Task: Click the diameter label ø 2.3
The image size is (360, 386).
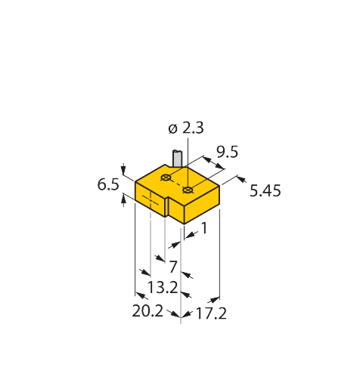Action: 186,128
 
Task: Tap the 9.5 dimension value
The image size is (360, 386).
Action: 227,152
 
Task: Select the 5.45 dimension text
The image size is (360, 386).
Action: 265,190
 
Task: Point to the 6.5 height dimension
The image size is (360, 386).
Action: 108,184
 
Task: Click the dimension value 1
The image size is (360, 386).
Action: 204,228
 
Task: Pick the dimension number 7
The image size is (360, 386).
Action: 173,267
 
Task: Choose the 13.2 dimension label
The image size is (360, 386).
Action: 163,287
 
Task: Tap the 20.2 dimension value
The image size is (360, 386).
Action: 147,311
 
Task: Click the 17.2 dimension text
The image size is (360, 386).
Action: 211,313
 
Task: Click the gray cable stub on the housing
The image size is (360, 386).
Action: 177,158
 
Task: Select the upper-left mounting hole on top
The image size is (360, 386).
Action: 166,178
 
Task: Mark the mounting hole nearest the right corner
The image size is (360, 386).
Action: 188,190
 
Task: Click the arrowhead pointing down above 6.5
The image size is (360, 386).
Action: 123,171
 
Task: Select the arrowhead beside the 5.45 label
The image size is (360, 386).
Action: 241,179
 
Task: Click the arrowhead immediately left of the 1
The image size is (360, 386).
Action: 190,235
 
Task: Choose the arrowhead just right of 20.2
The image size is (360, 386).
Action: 176,314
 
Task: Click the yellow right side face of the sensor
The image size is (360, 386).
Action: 202,205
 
